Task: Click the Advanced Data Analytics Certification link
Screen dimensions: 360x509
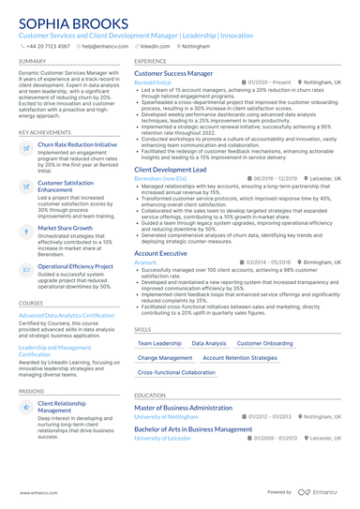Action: (67, 316)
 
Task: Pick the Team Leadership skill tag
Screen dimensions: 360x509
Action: (160, 344)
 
